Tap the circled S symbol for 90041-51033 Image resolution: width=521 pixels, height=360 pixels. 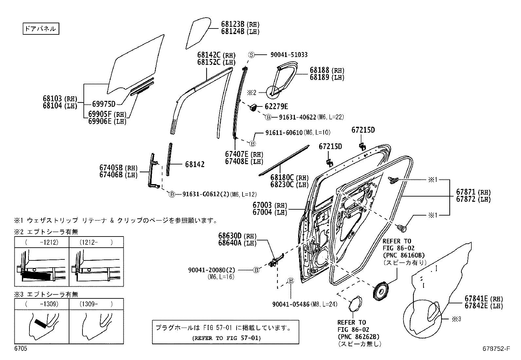[x=251, y=55]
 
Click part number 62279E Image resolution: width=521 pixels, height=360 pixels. [x=276, y=106]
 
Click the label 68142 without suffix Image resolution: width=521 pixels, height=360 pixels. [x=194, y=164]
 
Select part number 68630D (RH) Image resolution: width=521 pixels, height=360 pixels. [x=237, y=236]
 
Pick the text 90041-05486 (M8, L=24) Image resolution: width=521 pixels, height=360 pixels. [x=305, y=304]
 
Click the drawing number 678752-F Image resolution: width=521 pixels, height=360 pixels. [x=496, y=349]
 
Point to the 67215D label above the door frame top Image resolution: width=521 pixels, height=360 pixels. [x=363, y=130]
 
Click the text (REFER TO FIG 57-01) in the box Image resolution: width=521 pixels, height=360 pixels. [x=225, y=338]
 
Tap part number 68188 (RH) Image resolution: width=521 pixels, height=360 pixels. [x=327, y=70]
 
